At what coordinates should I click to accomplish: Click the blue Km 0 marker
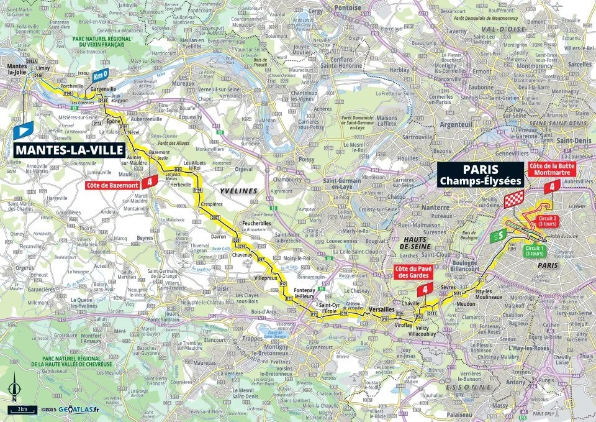101,75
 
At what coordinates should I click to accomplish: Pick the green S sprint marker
498,236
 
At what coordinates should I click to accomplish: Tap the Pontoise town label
348,7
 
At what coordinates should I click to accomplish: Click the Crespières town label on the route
211,204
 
